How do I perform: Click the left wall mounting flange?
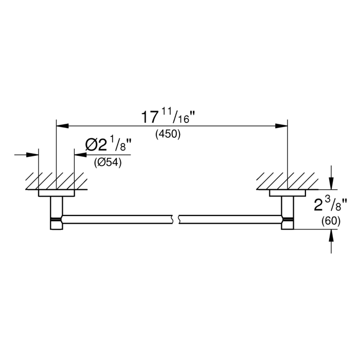(57, 193)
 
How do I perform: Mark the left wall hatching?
(57, 181)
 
